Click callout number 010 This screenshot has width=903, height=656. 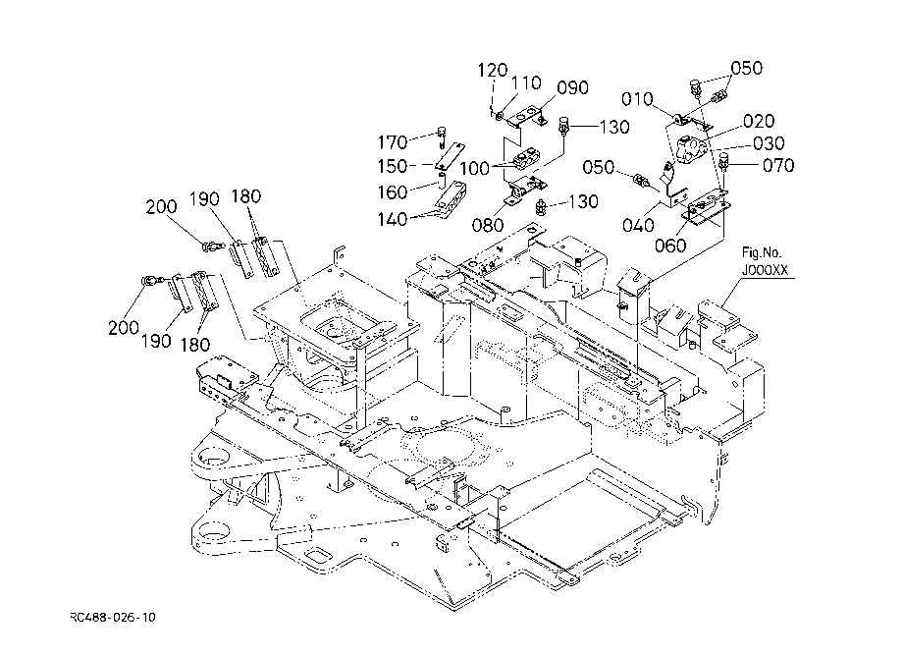click(637, 99)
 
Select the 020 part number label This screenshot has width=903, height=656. click(759, 121)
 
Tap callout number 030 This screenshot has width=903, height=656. click(769, 142)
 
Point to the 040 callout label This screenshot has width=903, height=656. click(638, 225)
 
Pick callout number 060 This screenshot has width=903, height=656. click(670, 246)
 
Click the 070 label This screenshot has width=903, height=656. click(778, 165)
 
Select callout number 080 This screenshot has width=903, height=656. click(488, 225)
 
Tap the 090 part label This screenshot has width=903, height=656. click(572, 87)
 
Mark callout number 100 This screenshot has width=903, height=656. click(474, 168)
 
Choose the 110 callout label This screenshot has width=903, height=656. click(526, 82)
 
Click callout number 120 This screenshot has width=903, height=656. click(493, 71)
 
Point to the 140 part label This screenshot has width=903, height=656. click(393, 219)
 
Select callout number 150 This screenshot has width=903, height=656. click(393, 166)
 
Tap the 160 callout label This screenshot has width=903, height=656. click(393, 191)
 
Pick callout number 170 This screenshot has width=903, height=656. click(393, 141)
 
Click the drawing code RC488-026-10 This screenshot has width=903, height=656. click(113, 618)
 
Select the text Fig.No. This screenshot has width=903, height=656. click(762, 252)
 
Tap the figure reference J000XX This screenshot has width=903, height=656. click(765, 269)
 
